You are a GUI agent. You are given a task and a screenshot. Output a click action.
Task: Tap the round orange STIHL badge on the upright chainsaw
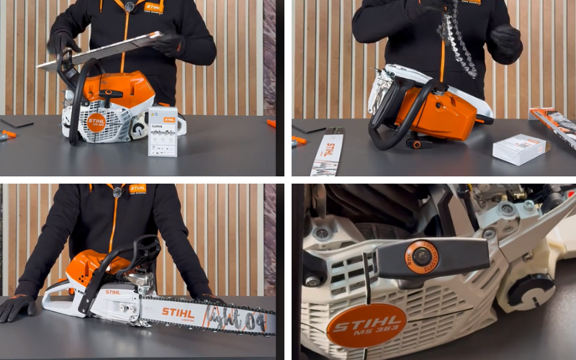[x=96, y=122]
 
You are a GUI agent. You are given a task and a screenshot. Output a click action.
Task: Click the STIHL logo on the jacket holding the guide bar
[x=153, y=7]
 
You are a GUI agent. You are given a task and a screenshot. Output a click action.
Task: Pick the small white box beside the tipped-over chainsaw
[x=518, y=149]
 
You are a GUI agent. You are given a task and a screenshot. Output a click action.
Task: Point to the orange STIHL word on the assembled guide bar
[x=178, y=312]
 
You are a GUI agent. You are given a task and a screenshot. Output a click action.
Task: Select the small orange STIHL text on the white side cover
[x=113, y=292]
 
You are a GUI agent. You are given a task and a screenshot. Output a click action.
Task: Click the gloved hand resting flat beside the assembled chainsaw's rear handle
[x=17, y=305]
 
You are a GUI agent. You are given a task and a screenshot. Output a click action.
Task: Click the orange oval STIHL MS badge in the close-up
[x=366, y=325]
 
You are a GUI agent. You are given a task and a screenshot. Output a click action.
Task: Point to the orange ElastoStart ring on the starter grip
[x=421, y=256]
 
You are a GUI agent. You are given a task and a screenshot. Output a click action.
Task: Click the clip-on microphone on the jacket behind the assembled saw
[x=117, y=192]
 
